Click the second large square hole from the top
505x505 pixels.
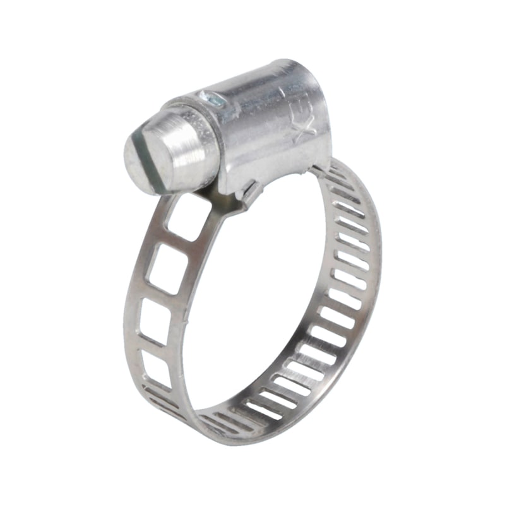166,268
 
